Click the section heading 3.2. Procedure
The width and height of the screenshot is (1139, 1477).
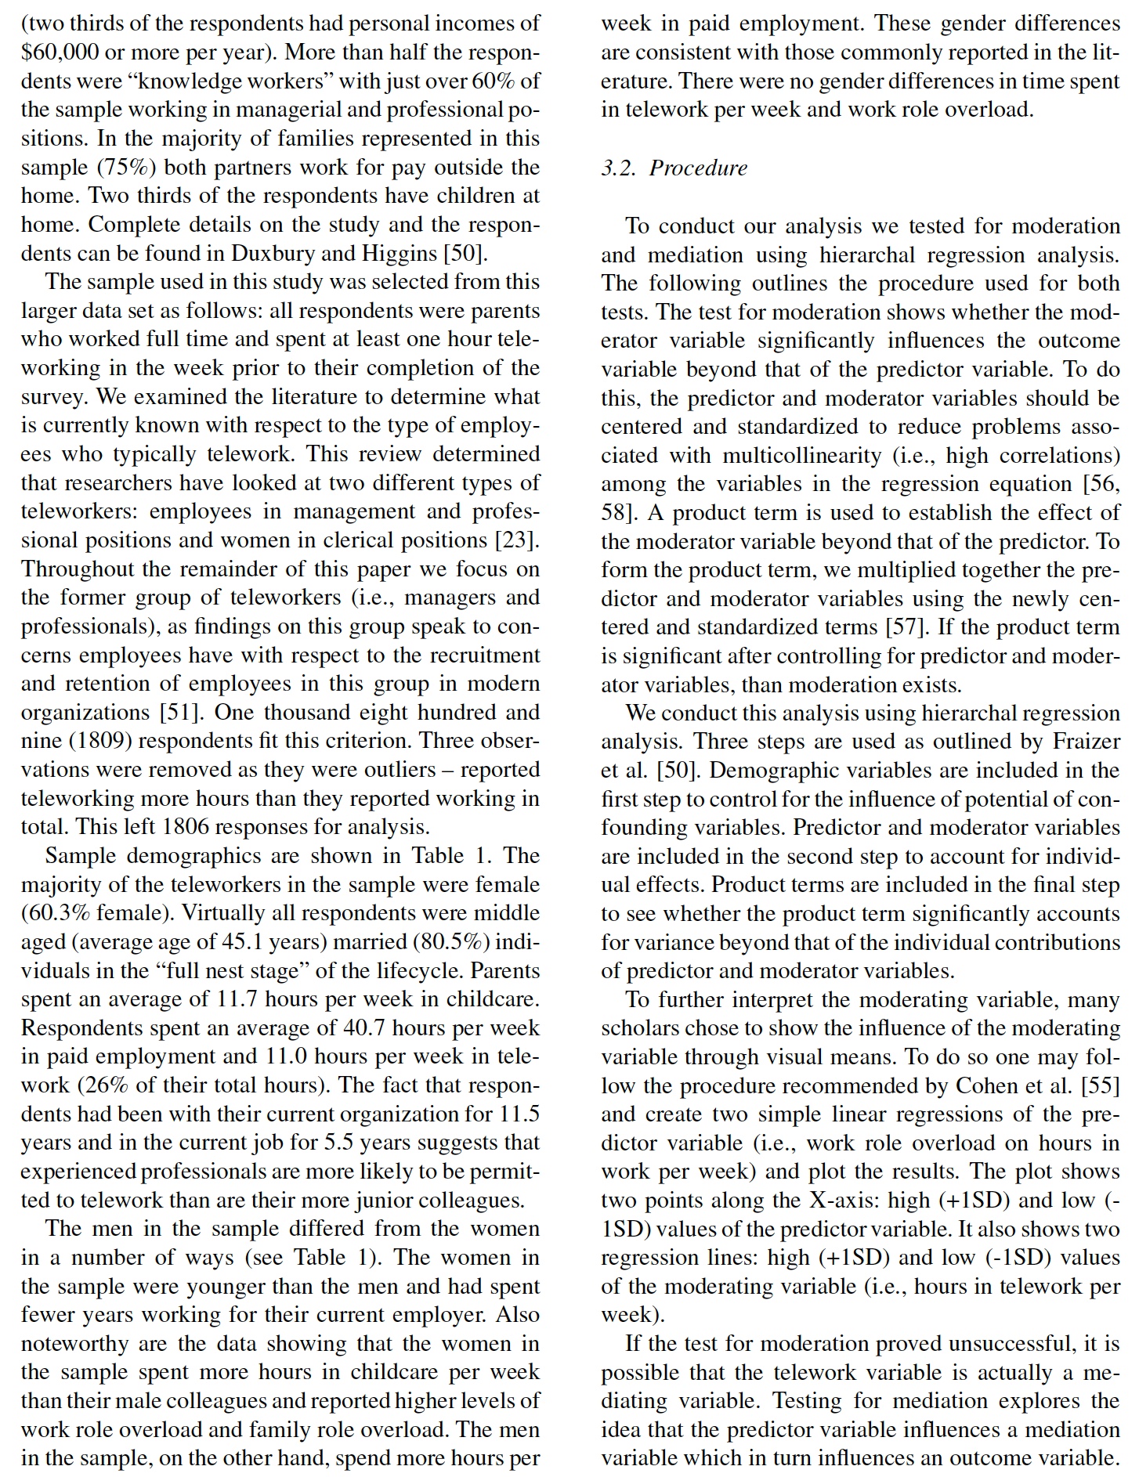[674, 168]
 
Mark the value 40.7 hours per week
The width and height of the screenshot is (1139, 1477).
[363, 1027]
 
